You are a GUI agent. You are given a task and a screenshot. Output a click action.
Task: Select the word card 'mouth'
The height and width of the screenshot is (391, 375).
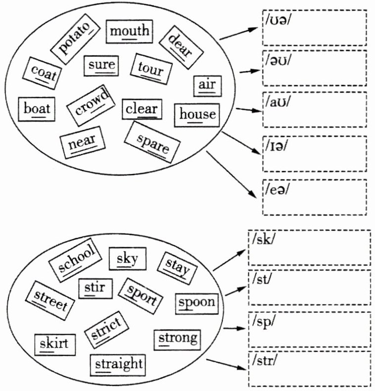tap(129, 31)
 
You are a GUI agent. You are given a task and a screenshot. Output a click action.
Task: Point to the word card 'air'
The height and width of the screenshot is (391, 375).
tap(207, 85)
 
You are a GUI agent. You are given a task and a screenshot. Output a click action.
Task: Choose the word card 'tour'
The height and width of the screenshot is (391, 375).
tap(151, 70)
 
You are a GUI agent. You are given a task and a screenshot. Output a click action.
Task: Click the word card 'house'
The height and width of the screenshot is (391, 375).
tap(197, 115)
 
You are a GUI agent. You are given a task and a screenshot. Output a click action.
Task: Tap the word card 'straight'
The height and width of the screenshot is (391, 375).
tap(118, 365)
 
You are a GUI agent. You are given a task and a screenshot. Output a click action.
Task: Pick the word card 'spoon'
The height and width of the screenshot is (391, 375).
tap(197, 303)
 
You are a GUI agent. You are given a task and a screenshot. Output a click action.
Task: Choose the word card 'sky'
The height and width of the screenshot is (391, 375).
tap(127, 259)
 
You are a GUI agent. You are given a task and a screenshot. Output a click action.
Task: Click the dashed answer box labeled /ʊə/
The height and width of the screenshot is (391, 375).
tap(314, 28)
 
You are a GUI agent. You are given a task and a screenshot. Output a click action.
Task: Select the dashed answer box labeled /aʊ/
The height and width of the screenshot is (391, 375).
tap(314, 110)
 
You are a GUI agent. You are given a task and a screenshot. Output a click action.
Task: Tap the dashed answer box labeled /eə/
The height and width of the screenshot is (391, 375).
tap(314, 197)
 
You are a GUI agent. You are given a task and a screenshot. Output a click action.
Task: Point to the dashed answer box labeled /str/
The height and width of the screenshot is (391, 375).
tap(310, 369)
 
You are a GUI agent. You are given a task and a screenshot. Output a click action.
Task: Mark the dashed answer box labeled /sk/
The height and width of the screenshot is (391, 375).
tap(310, 248)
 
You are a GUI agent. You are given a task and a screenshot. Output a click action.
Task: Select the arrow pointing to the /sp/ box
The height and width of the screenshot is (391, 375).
tap(235, 328)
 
